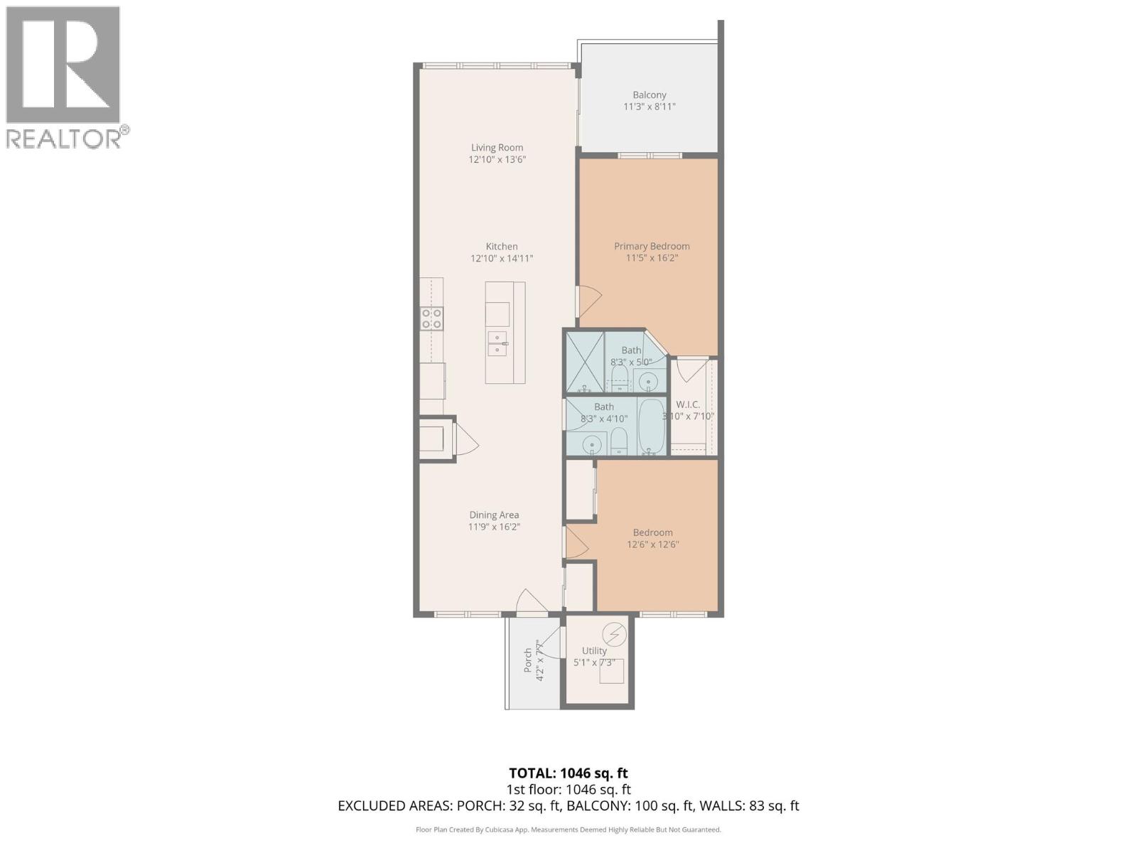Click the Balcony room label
(650, 95)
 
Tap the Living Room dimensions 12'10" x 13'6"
(497, 160)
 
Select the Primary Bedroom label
(652, 247)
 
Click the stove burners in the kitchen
(431, 318)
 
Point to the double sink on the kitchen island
(497, 343)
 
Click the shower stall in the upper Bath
(584, 362)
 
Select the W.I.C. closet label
(688, 404)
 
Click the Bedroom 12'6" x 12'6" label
(652, 539)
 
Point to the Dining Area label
(494, 515)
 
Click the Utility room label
(594, 650)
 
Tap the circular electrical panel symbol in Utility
(614, 633)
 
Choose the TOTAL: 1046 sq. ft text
(568, 773)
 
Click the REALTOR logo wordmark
(64, 138)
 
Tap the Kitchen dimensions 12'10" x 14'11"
(502, 259)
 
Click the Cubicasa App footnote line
(568, 830)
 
